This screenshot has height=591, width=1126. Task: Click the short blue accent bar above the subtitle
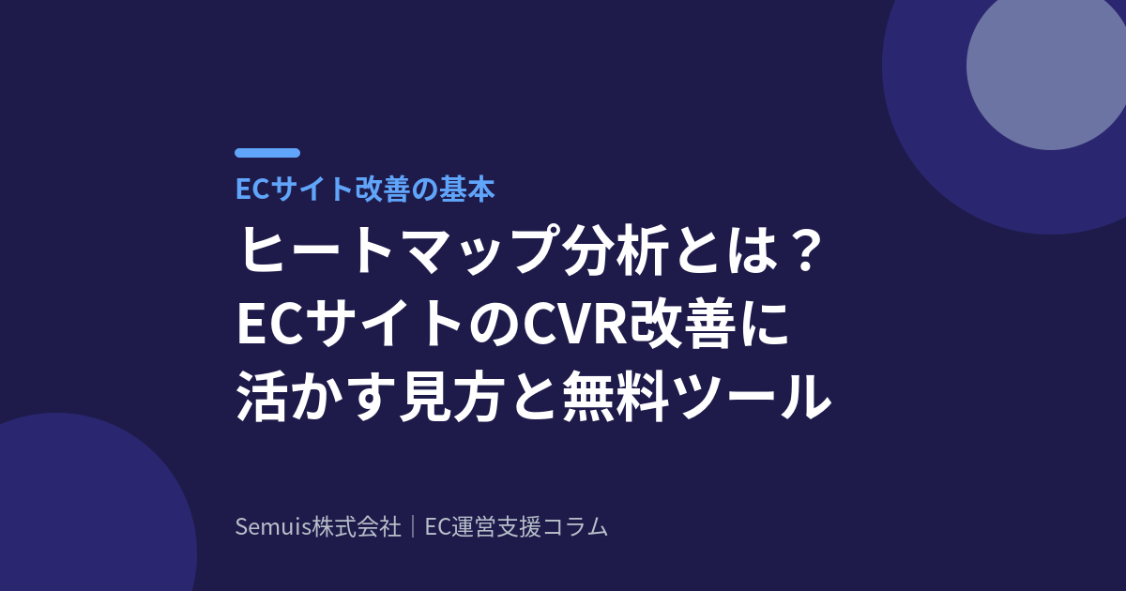267,153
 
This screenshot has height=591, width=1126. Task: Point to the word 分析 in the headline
616,250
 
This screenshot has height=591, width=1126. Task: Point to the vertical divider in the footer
413,527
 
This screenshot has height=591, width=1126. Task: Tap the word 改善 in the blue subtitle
382,189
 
